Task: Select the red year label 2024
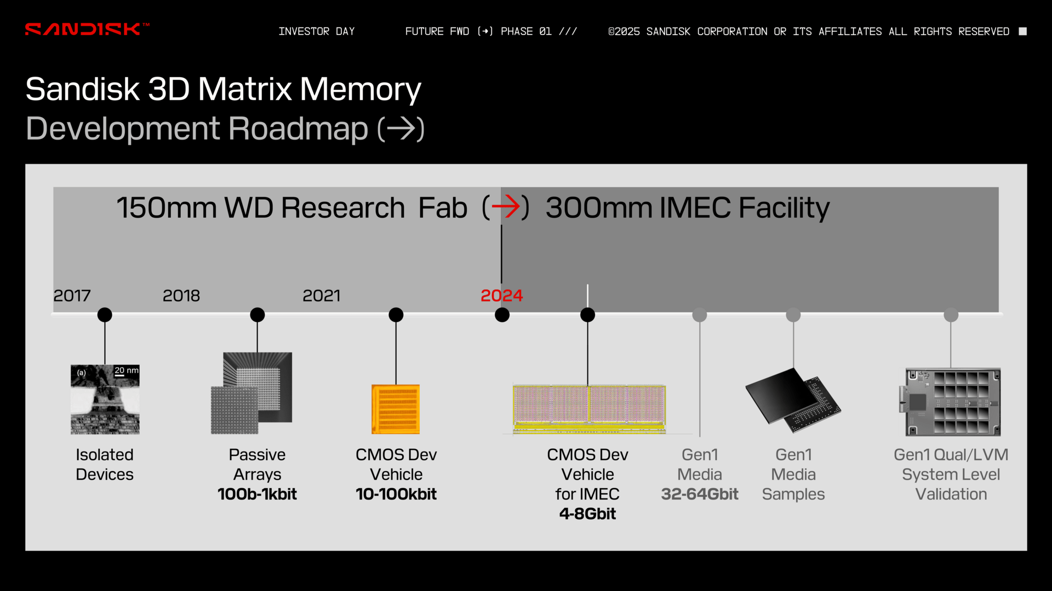coord(501,296)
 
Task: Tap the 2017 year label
coord(72,296)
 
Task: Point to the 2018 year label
coord(181,296)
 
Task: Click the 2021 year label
coord(322,296)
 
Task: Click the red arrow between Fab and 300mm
coord(506,207)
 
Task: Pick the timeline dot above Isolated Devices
coord(105,315)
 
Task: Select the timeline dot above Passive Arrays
coord(258,315)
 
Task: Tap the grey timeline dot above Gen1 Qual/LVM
coord(951,315)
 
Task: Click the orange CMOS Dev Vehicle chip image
coord(396,409)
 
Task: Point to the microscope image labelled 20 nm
coord(105,399)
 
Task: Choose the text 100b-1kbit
coord(257,494)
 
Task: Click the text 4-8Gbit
coord(587,514)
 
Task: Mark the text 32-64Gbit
coord(700,494)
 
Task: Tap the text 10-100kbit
coord(396,494)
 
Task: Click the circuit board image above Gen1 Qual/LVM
coord(950,402)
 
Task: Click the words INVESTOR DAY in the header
coord(317,31)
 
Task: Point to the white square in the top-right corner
coord(1022,31)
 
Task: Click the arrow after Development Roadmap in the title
coord(401,129)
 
